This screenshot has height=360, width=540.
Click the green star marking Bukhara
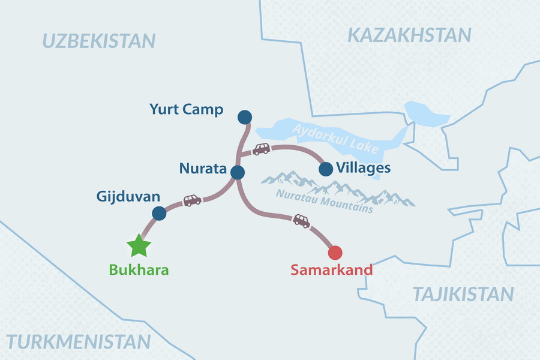[139, 245]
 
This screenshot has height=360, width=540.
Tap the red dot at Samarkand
[335, 252]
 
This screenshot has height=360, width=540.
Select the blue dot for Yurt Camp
[244, 116]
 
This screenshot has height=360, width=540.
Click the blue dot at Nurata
[238, 173]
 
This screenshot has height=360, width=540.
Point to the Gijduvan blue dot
[159, 213]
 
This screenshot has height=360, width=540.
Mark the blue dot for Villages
[326, 169]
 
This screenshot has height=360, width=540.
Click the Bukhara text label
[139, 270]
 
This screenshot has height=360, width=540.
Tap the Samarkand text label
[332, 270]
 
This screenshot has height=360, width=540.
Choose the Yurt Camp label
[187, 110]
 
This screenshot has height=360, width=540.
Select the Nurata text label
[203, 169]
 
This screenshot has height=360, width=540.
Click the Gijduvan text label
[128, 196]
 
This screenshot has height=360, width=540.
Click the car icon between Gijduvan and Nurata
[193, 200]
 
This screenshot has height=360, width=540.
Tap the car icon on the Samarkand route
[302, 221]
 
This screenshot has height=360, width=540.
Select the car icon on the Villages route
[261, 149]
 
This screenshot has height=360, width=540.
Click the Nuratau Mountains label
[325, 202]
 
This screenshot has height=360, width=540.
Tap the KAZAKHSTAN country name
[409, 35]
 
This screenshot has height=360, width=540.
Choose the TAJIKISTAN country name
[463, 294]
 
